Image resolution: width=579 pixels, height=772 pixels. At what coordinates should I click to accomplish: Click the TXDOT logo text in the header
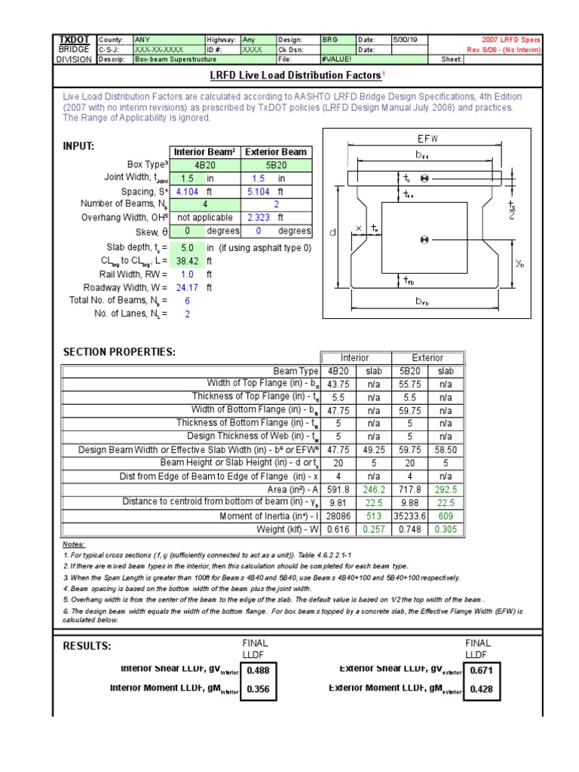73,39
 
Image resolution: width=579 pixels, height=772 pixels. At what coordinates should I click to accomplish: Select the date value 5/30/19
405,39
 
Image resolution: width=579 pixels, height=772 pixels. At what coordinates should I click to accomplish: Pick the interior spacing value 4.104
186,191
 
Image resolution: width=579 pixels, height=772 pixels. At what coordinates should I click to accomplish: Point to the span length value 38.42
186,260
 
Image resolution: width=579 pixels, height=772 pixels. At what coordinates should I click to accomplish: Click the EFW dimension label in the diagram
426,139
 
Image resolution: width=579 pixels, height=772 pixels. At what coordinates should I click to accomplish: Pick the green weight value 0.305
446,529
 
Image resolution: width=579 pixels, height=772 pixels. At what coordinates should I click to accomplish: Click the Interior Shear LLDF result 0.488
258,669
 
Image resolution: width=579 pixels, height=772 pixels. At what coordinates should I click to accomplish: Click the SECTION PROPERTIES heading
119,353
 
